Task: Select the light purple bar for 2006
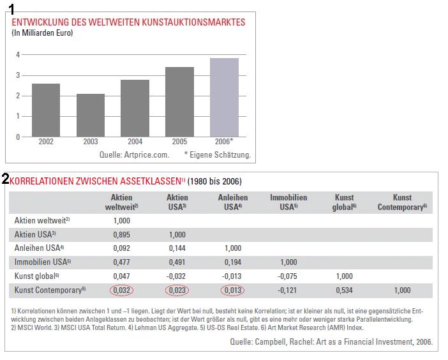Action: (x=224, y=97)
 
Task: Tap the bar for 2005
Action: (x=179, y=101)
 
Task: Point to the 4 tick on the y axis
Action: (x=18, y=55)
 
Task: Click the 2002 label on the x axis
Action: (x=46, y=142)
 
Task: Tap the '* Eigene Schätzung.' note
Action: (x=218, y=154)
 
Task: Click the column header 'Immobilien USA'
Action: (x=288, y=202)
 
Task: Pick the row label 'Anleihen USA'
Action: (x=39, y=248)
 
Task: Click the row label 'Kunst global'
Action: (x=36, y=276)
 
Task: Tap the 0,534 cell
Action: (x=344, y=290)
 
